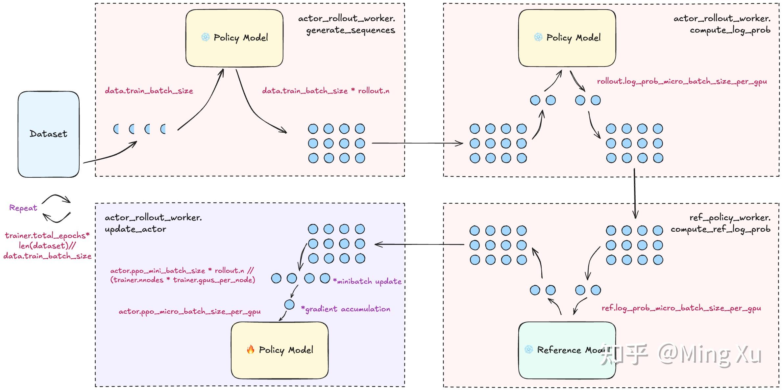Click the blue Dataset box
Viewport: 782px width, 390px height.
(x=49, y=134)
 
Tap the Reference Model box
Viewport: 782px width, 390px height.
(x=567, y=350)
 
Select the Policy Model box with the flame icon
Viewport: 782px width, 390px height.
(x=280, y=350)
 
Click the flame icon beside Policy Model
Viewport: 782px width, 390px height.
(x=251, y=349)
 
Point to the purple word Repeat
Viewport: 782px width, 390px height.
(x=23, y=208)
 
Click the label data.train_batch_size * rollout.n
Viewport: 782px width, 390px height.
(x=326, y=91)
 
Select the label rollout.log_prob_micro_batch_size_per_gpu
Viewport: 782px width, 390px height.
(x=682, y=82)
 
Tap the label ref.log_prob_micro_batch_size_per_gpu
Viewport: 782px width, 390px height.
(x=681, y=308)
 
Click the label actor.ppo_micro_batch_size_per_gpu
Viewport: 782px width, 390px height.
(x=189, y=311)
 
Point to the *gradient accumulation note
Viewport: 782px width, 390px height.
(x=346, y=309)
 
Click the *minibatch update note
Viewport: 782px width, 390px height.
(x=367, y=281)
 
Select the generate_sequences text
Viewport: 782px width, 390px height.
(x=351, y=30)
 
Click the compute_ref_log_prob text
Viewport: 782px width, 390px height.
(x=721, y=229)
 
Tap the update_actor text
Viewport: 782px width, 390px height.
(x=135, y=229)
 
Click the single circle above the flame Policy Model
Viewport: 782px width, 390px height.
(x=289, y=304)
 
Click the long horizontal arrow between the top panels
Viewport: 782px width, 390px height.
(x=417, y=143)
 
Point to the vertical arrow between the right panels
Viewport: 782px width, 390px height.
(x=635, y=194)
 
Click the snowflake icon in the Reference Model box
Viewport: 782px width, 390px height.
(x=528, y=350)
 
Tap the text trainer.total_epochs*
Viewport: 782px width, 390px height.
(x=47, y=236)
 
